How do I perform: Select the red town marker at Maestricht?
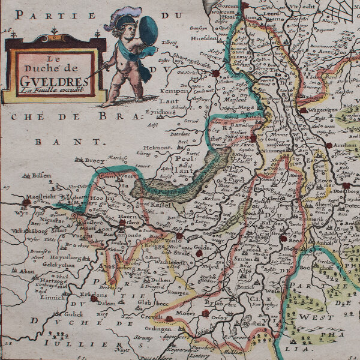point(26,202)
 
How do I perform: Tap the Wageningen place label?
point(325,110)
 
